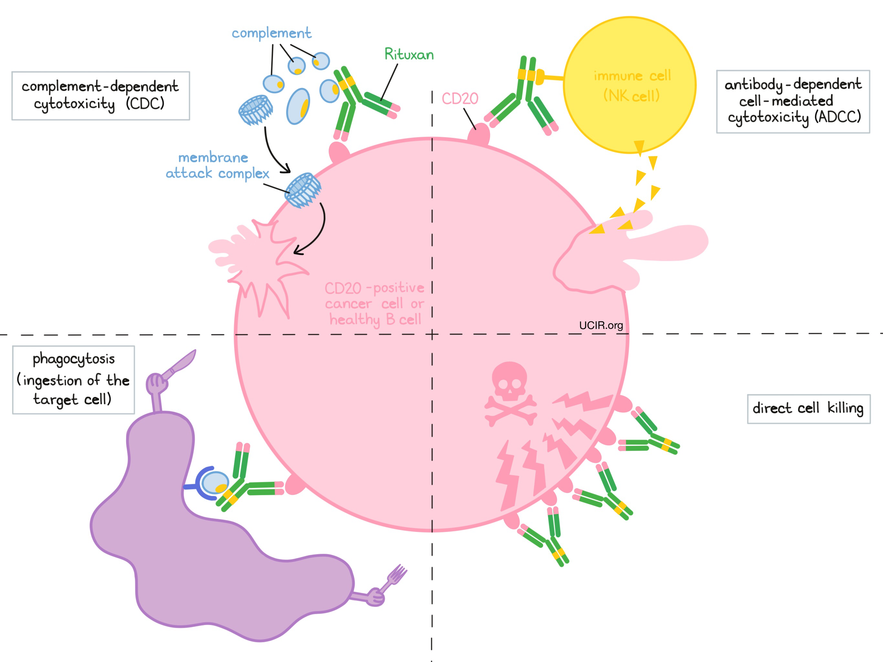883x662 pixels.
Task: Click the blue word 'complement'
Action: pos(271,33)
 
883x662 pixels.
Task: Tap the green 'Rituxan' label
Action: pos(409,54)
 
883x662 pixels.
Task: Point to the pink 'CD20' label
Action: pos(460,99)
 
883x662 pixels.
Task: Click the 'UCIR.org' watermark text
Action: pos(601,326)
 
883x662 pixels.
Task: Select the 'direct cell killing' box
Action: pos(808,409)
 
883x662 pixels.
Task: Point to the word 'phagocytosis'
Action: pos(74,359)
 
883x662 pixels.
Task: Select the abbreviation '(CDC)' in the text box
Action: pos(145,104)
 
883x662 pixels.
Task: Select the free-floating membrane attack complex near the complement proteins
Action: pos(255,110)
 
